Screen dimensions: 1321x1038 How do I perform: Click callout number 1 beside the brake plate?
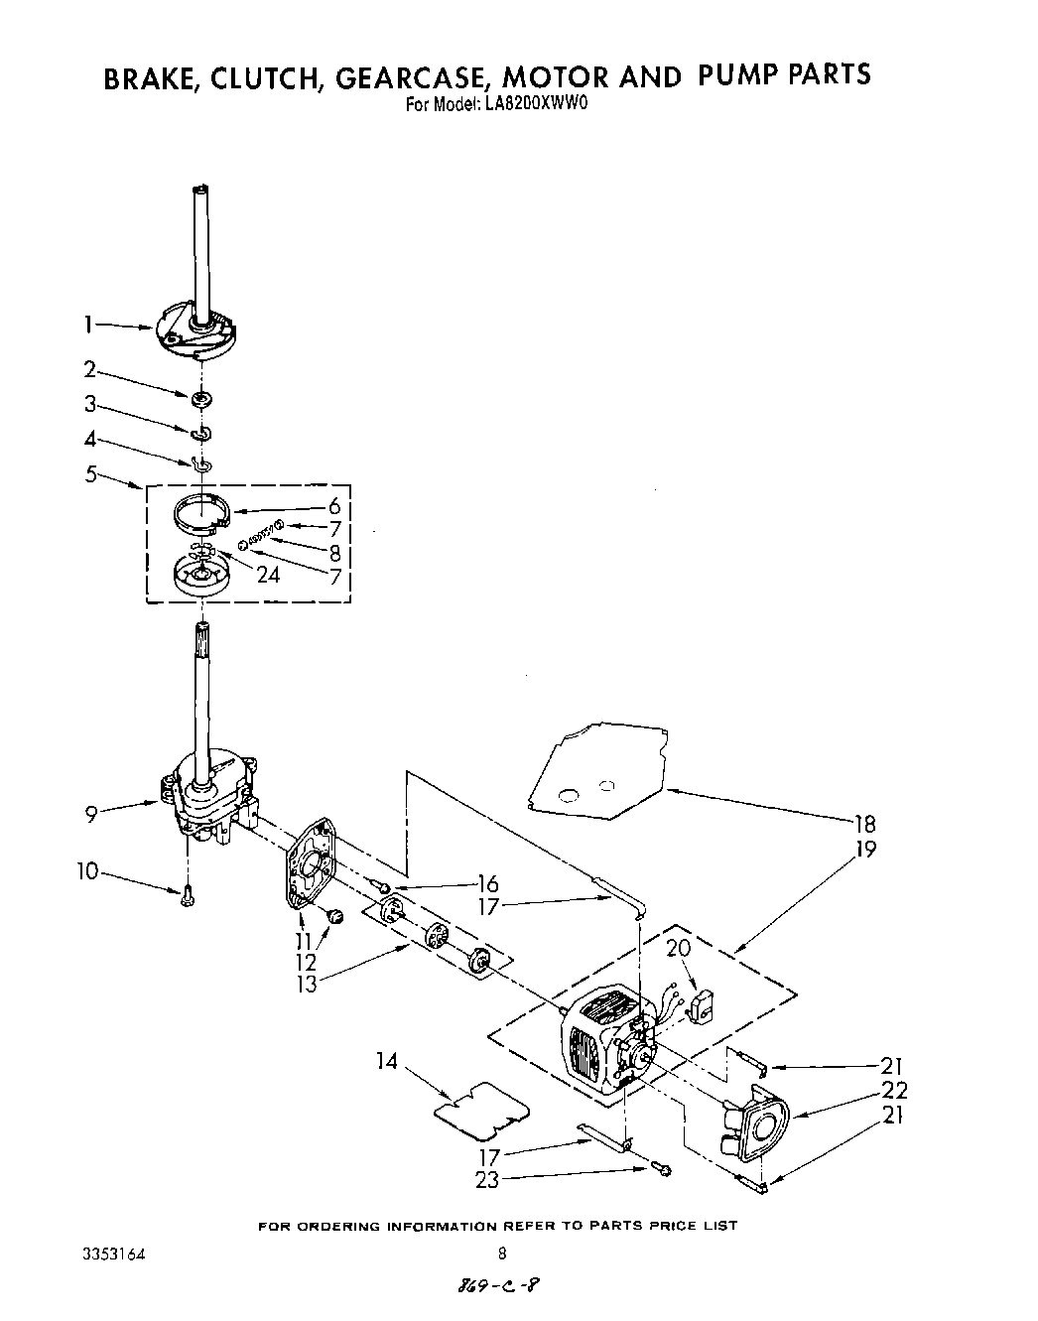tap(89, 324)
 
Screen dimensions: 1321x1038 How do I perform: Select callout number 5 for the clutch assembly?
tap(90, 473)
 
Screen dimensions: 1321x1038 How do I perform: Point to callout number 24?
tap(268, 574)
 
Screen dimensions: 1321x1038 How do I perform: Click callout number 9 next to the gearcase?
tap(90, 814)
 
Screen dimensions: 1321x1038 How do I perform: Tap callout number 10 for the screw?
tap(88, 871)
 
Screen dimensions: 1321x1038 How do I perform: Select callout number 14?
tap(387, 1062)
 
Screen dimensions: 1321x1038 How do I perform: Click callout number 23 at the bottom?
tap(487, 1180)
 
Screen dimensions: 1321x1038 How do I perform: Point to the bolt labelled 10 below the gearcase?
tap(186, 895)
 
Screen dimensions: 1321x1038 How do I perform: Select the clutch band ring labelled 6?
tap(202, 513)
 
